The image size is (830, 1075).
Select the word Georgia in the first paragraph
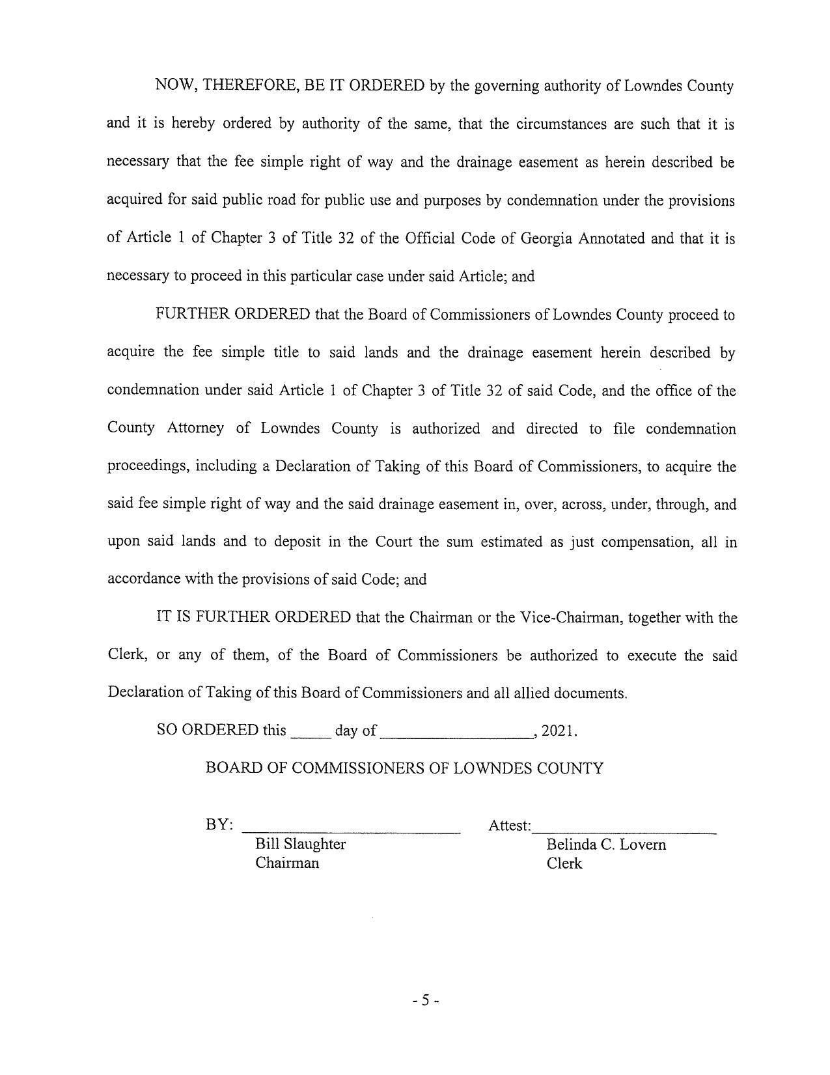(546, 238)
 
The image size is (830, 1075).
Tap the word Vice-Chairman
(573, 617)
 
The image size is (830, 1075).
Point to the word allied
(532, 693)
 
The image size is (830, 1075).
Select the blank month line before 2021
(456, 735)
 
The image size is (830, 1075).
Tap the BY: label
(219, 824)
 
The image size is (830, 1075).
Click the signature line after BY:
(352, 831)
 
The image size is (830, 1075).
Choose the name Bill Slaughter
(300, 845)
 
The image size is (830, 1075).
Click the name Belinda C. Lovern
(606, 845)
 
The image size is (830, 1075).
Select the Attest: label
(510, 826)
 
